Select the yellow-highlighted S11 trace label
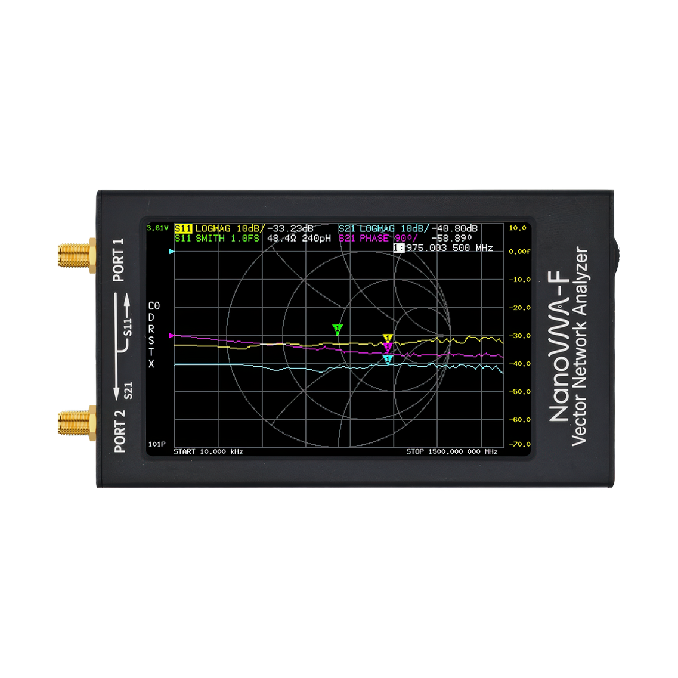(x=183, y=228)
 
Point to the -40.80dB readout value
(x=454, y=228)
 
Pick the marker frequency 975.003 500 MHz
(x=448, y=247)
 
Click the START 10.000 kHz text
(x=208, y=451)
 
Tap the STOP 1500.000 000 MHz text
(x=451, y=451)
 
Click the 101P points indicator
(x=157, y=445)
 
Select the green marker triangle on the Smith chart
(x=338, y=329)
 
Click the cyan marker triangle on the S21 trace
(x=388, y=359)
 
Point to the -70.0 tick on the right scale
(x=516, y=444)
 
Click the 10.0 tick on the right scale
(x=517, y=228)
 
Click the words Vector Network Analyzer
(x=580, y=346)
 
